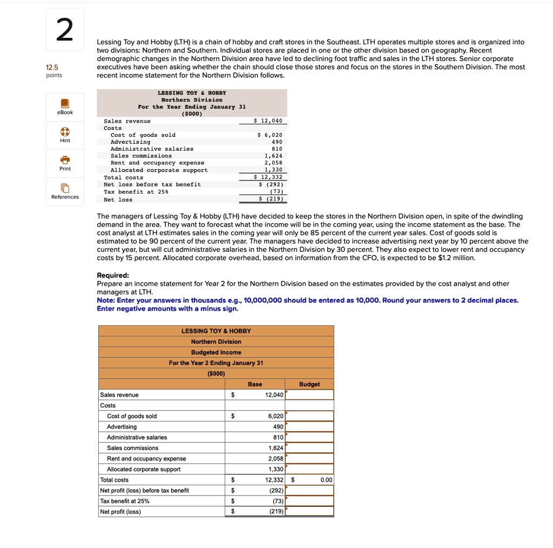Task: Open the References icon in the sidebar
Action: pos(65,188)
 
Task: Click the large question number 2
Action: pos(65,31)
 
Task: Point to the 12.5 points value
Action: pos(52,67)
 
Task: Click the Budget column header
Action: pos(309,384)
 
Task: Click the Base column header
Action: pos(255,384)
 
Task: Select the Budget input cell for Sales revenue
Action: pos(309,395)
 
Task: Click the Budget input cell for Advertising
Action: pos(309,427)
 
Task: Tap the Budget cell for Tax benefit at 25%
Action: pos(309,501)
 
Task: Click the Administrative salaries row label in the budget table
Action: pos(137,437)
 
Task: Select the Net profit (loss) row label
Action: pos(120,512)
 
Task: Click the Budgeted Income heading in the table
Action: pos(216,352)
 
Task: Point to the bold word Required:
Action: pos(112,275)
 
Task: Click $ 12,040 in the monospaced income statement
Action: pos(267,121)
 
